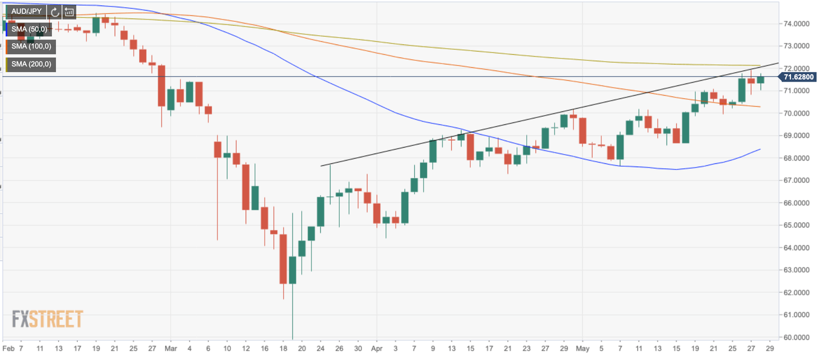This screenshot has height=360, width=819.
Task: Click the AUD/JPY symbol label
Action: point(26,11)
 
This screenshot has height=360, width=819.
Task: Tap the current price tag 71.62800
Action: point(799,77)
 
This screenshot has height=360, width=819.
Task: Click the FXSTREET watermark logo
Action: point(47,319)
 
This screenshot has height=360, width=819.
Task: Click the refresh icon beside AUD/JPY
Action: point(55,12)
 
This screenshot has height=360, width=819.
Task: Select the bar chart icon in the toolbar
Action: point(69,12)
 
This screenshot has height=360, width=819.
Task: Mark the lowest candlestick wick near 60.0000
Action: point(293,333)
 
